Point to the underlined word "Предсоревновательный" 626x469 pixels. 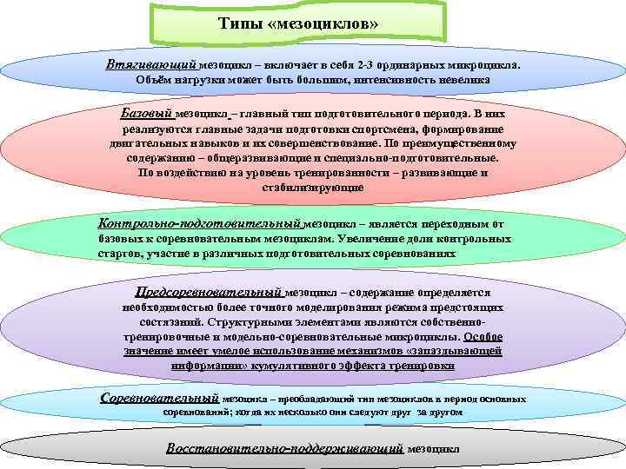click(209, 293)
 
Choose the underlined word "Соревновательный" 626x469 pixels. click(159, 399)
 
